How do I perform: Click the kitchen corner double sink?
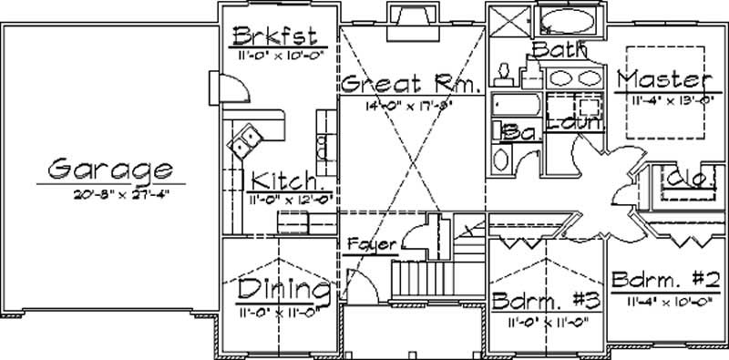(243, 139)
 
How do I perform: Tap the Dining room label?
(282, 291)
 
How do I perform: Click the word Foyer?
(371, 244)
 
